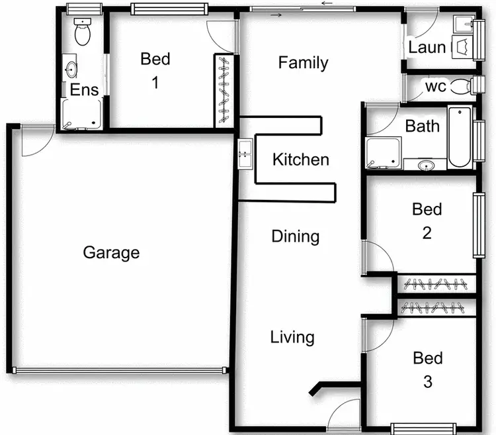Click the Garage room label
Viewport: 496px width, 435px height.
111,252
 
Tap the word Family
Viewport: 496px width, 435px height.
303,63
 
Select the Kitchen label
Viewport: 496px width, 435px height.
300,160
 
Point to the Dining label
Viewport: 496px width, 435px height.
296,236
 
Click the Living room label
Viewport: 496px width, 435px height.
292,337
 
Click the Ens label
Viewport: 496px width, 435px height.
84,90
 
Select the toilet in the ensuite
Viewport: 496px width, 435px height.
83,32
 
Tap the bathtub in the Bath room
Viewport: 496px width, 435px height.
459,137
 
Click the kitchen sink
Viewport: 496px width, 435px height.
244,154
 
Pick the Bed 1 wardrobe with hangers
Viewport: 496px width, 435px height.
224,91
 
